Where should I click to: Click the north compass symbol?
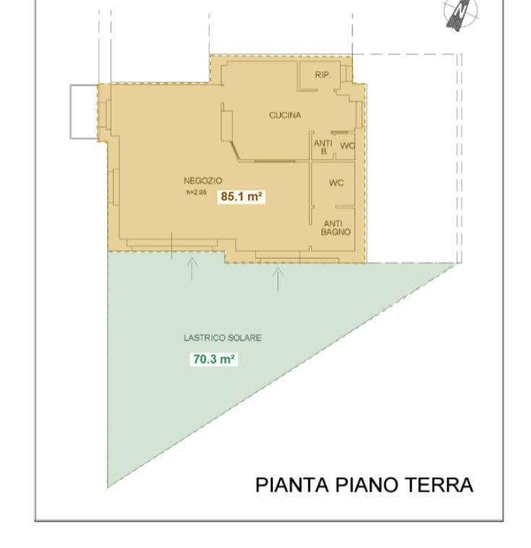461,14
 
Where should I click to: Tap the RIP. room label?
322,75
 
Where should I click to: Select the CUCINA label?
285,115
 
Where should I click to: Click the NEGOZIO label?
203,180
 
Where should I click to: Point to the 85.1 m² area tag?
242,196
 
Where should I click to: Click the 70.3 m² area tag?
214,359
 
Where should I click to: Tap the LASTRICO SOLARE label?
222,338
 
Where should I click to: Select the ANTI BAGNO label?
336,228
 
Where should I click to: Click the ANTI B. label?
323,147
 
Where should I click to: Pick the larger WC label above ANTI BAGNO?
336,184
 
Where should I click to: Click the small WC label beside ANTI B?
347,146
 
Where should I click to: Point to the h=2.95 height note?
196,192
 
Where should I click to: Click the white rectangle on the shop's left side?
83,111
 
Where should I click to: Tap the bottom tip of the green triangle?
109,485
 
